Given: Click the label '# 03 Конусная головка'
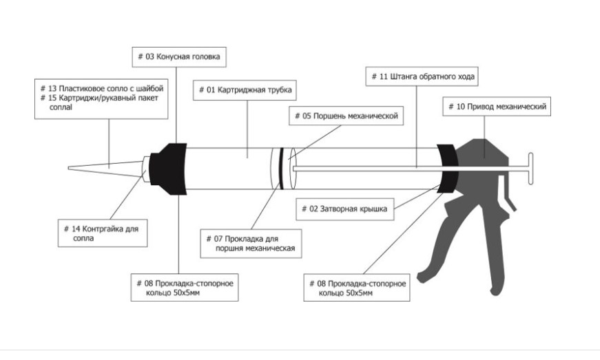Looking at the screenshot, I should coord(179,57).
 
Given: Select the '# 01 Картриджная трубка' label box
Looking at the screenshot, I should coord(246,90).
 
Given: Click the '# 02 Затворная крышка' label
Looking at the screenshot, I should coord(346,209).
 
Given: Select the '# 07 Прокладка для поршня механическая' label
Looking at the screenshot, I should coord(251,244).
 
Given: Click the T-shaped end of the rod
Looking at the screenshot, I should coord(530,168).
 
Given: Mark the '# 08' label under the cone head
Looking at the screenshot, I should coord(185,288).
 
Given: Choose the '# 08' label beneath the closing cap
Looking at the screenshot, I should coord(357,288).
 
